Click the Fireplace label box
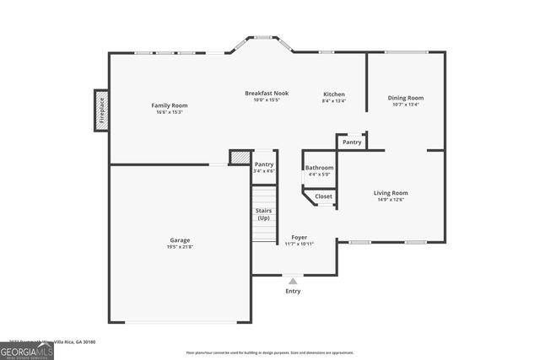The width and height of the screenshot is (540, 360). pyautogui.click(x=101, y=110)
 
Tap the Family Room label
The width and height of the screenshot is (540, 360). pyautogui.click(x=169, y=105)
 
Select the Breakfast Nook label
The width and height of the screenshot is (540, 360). pyautogui.click(x=267, y=93)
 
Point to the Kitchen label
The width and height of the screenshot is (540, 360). pyautogui.click(x=334, y=94)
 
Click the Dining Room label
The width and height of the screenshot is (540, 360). pyautogui.click(x=406, y=98)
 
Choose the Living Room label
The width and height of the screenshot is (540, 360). pyautogui.click(x=391, y=193)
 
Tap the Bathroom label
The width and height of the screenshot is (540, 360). pyautogui.click(x=319, y=168)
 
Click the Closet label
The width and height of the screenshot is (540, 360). pyautogui.click(x=324, y=196)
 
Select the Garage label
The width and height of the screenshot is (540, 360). pyautogui.click(x=180, y=240)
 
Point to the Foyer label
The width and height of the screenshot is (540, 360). pyautogui.click(x=299, y=238)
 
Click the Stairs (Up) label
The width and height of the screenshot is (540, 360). pyautogui.click(x=264, y=214)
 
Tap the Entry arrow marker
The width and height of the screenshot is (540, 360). pyautogui.click(x=292, y=280)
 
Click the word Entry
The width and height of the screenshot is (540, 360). pyautogui.click(x=292, y=291)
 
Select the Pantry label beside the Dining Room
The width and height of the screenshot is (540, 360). pyautogui.click(x=352, y=142)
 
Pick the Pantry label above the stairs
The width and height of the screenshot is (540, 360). pyautogui.click(x=264, y=164)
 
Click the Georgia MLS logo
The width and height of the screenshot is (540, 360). pyautogui.click(x=27, y=351)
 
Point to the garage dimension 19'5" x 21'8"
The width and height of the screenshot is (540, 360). pyautogui.click(x=180, y=247)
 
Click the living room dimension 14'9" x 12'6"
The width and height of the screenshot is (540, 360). pyautogui.click(x=391, y=200)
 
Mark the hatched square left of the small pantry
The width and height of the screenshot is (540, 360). pyautogui.click(x=240, y=157)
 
